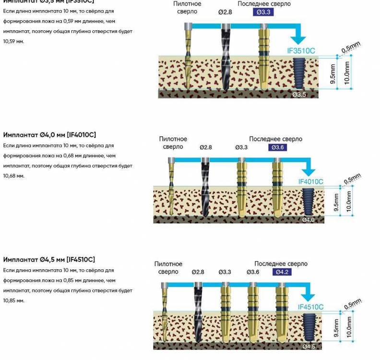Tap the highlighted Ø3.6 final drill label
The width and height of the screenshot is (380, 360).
(277, 147)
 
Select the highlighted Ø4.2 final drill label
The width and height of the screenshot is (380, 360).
(282, 272)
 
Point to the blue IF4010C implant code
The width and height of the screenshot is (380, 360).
(310, 181)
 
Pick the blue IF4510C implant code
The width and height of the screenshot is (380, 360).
(310, 307)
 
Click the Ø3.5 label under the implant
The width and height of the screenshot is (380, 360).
(299, 95)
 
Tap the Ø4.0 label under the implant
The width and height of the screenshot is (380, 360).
(309, 220)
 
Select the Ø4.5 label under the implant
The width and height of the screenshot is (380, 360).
(309, 346)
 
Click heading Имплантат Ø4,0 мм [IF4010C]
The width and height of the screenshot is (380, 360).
(49, 135)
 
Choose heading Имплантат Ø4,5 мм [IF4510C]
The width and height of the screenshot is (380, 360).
(49, 260)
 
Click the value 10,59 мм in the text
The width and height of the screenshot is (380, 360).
(13, 41)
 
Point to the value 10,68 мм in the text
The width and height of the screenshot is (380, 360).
(13, 176)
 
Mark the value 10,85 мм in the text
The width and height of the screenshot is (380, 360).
(13, 300)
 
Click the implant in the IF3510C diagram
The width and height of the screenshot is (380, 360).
(299, 74)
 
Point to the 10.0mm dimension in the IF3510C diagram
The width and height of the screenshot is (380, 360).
(346, 73)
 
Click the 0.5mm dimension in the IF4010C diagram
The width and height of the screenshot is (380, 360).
(352, 180)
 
